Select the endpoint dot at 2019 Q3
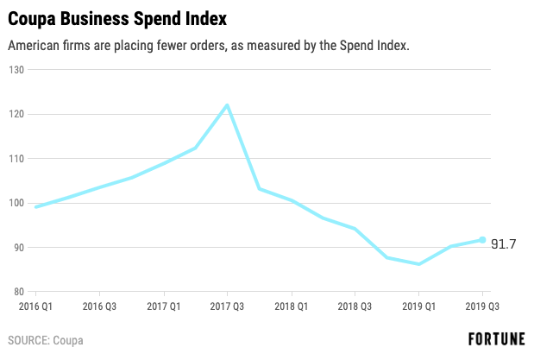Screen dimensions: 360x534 coord(482,240)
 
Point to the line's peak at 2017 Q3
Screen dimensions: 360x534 coord(227,105)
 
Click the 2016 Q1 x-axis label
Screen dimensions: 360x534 coord(35,306)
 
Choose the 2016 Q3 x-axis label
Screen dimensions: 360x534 coord(99,306)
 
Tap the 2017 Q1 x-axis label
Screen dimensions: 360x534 coord(163,306)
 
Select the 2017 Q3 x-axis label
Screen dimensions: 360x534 coord(227,306)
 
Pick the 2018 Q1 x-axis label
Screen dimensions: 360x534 coord(291,306)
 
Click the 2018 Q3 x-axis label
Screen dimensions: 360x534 coord(355,306)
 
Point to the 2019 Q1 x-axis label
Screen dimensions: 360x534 coord(418,306)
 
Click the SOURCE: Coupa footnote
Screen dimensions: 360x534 coord(47,340)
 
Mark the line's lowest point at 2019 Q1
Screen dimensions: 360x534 coord(418,264)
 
